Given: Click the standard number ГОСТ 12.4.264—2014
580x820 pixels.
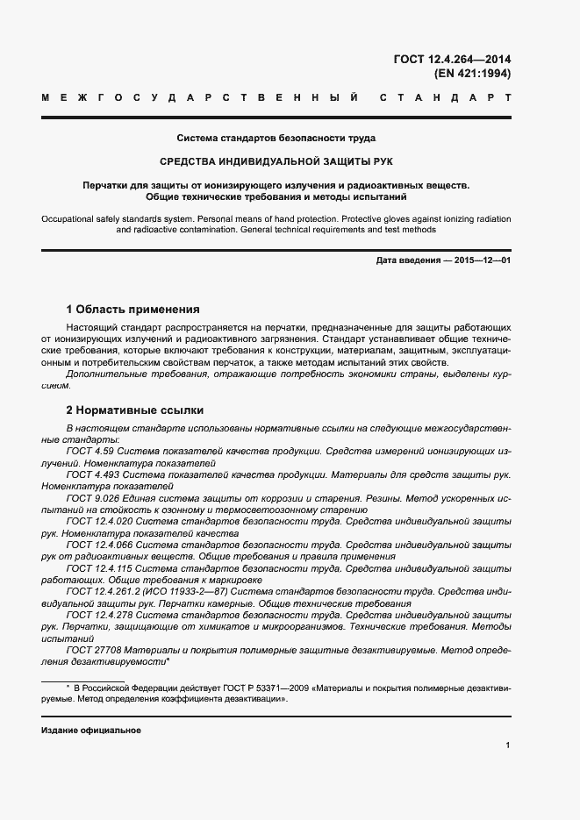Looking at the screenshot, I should [x=454, y=59].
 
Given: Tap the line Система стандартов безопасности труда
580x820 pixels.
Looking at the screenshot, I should [x=276, y=138].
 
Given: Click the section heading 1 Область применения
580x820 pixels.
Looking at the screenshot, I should [x=132, y=310].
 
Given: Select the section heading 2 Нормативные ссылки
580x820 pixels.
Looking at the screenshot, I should [x=135, y=410].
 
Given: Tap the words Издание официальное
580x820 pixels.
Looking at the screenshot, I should [x=91, y=730].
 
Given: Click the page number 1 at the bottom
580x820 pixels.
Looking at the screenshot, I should [x=508, y=745].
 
